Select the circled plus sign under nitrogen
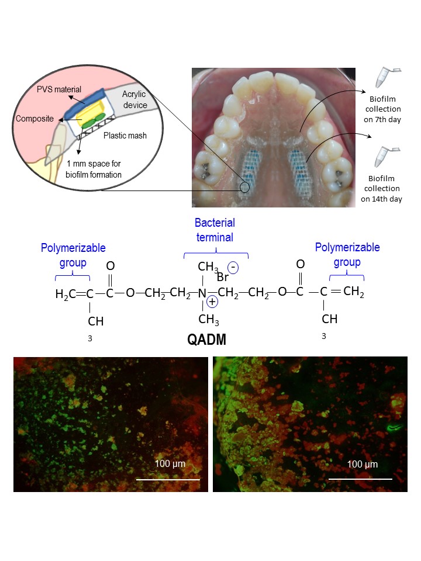212,303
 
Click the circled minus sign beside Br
233,268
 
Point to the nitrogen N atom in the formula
202,290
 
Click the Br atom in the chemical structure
222,278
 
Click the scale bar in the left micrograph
168,479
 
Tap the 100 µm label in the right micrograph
363,465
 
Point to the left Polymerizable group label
64,255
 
